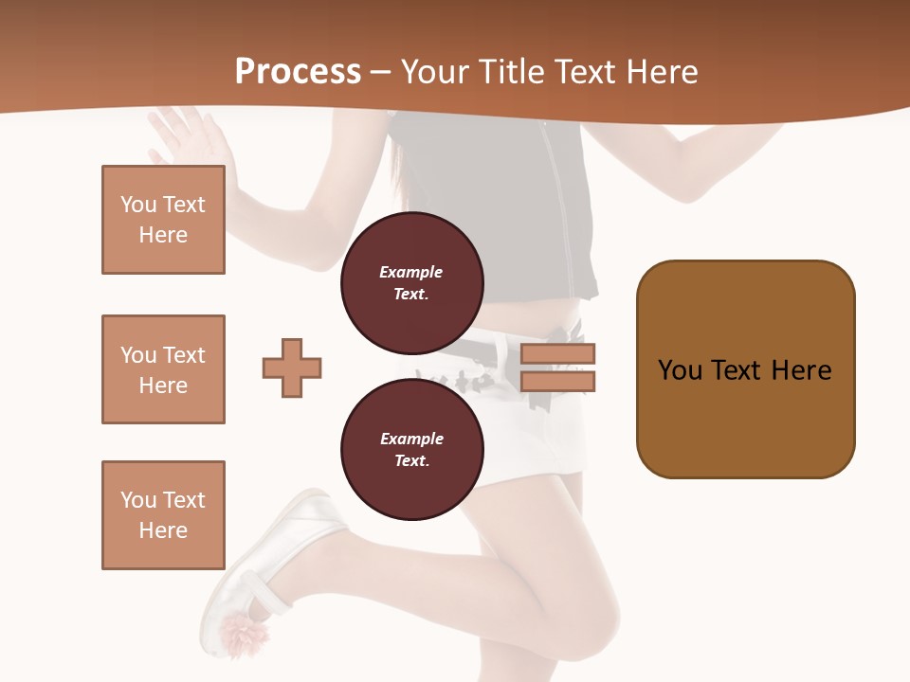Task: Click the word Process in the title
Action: tap(298, 72)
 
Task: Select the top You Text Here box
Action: tap(163, 220)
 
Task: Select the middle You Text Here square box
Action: tap(163, 369)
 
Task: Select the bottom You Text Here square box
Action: tap(163, 515)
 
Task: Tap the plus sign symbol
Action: tap(292, 368)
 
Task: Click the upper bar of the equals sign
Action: tap(557, 354)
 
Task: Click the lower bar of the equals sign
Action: tap(557, 382)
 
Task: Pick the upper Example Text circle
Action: tap(411, 282)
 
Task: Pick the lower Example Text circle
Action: tap(411, 449)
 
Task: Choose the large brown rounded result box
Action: tap(745, 369)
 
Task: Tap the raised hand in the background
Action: tap(190, 137)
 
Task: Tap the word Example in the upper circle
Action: tap(411, 272)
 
